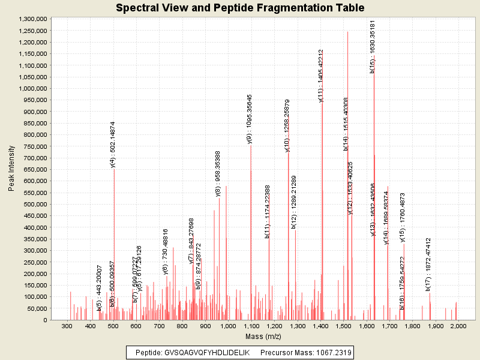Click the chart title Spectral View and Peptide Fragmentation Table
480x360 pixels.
pyautogui.click(x=240, y=8)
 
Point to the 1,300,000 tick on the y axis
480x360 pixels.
pyautogui.click(x=32, y=19)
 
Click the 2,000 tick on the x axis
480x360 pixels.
pyautogui.click(x=458, y=326)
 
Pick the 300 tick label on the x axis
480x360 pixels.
pyautogui.click(x=67, y=326)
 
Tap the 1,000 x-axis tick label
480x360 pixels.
pyautogui.click(x=228, y=326)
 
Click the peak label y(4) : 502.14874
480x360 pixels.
pyautogui.click(x=113, y=145)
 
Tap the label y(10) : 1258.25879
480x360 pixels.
pyautogui.click(x=287, y=125)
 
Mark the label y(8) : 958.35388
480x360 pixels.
pyautogui.click(x=218, y=173)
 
